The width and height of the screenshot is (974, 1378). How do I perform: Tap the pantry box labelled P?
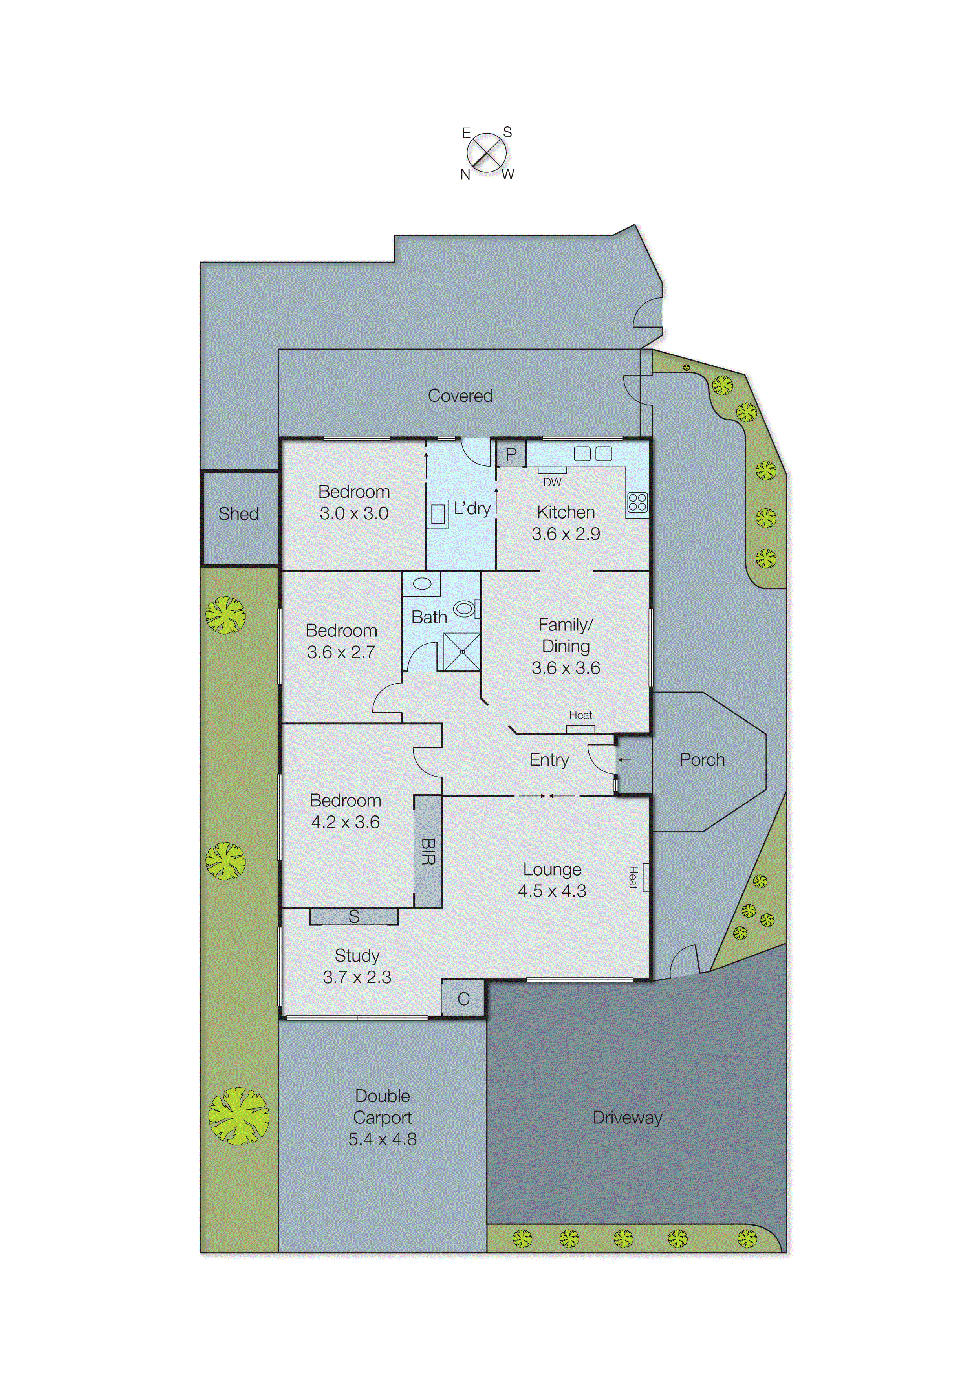point(511,454)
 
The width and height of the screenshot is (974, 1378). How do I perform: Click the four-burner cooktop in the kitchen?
point(637,502)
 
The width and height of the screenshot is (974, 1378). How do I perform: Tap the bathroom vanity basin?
point(422,584)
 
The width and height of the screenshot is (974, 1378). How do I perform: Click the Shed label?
point(238,514)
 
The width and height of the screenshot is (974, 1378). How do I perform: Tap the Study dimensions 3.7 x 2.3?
point(357,977)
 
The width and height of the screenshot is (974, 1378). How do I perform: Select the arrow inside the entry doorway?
point(625,760)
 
